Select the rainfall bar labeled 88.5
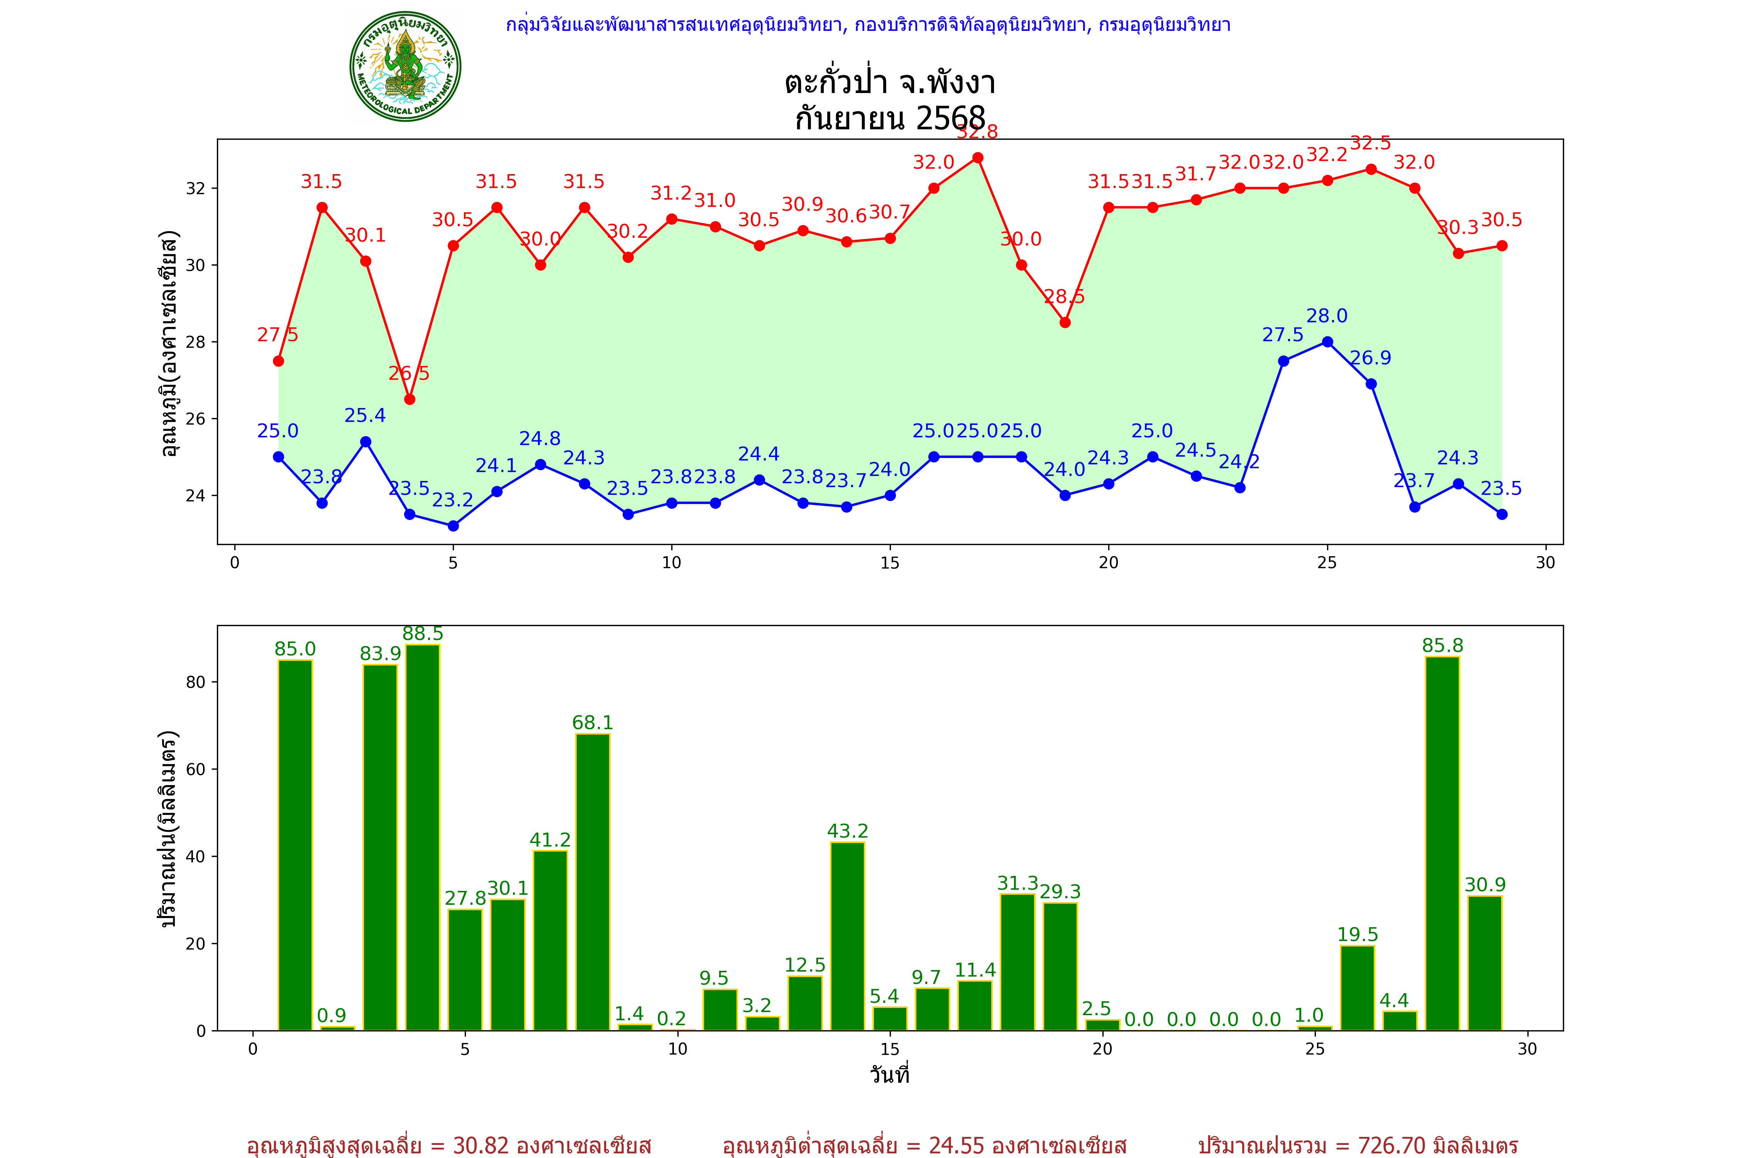coord(422,837)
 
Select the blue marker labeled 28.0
coord(1327,342)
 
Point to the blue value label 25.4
coord(365,416)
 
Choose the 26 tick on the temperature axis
coord(196,419)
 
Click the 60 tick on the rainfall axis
coord(196,769)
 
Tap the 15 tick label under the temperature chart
coord(890,563)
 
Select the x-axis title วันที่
coord(890,1075)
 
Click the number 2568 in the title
coord(950,118)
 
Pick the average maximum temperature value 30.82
coord(481,1145)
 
